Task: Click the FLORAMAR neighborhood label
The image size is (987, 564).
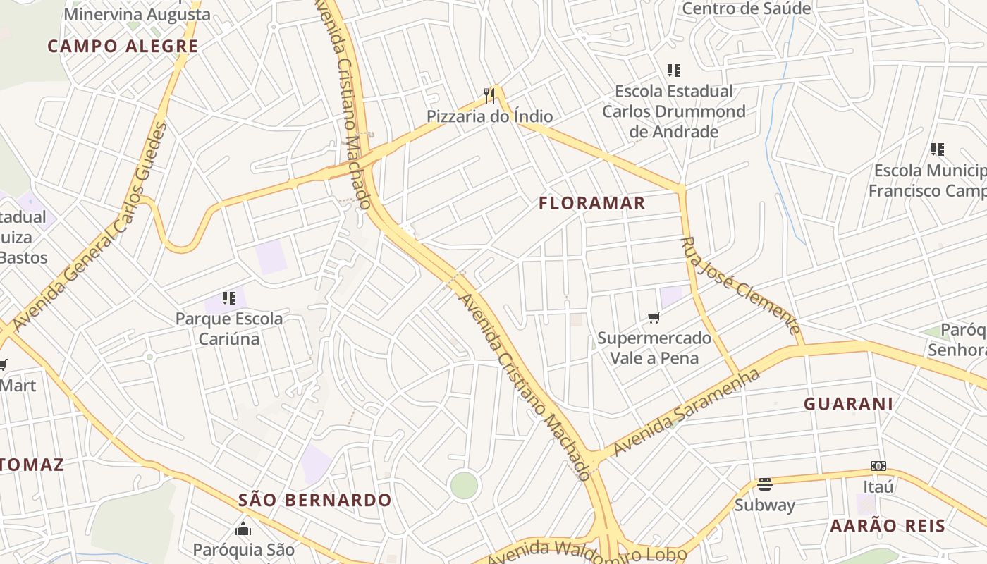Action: tap(592, 204)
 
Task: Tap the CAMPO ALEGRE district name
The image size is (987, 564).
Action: tap(123, 47)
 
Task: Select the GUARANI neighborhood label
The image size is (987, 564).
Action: tap(849, 404)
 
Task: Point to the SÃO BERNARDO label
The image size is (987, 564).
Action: tap(314, 501)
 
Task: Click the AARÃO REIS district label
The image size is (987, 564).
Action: tap(887, 526)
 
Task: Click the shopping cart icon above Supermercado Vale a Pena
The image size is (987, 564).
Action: tap(654, 318)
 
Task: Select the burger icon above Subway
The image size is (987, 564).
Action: tap(765, 484)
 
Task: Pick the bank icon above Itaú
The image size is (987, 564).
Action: tap(878, 466)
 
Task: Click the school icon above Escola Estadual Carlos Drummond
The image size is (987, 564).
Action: tap(674, 70)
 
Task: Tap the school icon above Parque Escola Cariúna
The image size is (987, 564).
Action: tap(228, 298)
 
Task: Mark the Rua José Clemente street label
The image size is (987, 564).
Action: tap(740, 286)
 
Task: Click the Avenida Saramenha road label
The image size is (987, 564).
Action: tap(687, 413)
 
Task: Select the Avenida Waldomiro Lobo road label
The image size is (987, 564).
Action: tap(587, 552)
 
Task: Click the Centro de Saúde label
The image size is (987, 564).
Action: tap(747, 8)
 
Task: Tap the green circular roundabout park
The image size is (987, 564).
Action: tap(464, 485)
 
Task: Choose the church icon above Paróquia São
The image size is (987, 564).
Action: tap(243, 528)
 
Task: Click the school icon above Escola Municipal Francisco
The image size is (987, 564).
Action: tap(937, 149)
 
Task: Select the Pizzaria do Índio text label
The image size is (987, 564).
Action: tap(489, 116)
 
